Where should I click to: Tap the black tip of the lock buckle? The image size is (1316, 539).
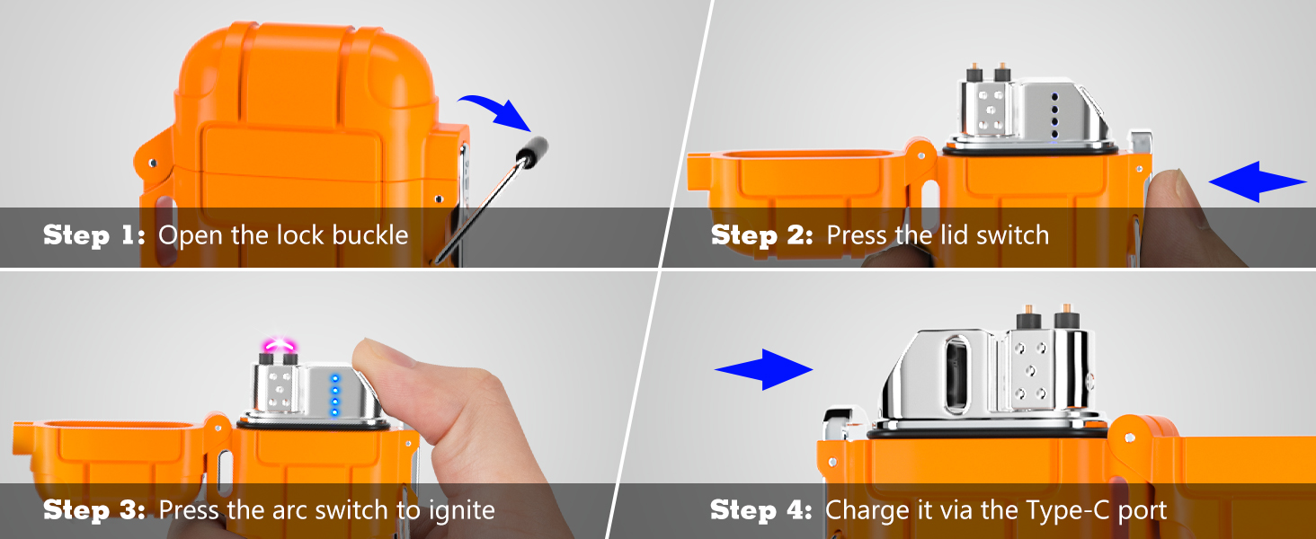pos(532,152)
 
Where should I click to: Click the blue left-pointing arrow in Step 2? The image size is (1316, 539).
pos(1258,181)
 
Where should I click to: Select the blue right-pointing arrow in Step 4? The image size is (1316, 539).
pos(764,369)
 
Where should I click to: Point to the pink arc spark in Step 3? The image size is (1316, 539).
pos(278,343)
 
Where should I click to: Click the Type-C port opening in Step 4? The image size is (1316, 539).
pos(956,376)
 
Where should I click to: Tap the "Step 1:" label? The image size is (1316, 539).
pos(94,234)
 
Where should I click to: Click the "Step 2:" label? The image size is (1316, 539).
pos(762,234)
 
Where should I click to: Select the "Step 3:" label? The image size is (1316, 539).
pos(94,509)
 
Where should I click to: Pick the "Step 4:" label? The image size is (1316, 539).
pos(761,509)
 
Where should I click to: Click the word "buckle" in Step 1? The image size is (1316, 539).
pos(369,234)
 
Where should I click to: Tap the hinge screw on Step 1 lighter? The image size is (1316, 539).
pos(152,163)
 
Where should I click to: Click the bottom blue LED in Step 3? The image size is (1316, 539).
pos(335,413)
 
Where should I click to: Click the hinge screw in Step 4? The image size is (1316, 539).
pos(1129,438)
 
